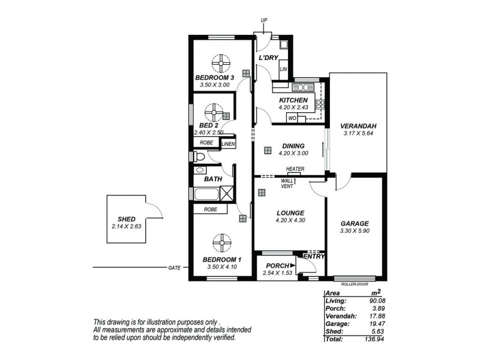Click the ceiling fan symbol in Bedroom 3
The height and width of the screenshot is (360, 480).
point(221,64)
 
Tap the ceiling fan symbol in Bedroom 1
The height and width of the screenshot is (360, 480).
point(221,243)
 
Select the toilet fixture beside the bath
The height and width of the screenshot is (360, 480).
point(199,157)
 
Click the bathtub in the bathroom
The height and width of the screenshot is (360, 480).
point(206,194)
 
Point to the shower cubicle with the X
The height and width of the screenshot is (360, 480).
point(227,193)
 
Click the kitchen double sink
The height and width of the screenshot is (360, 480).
point(303,88)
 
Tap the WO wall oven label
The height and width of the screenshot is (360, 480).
point(292,118)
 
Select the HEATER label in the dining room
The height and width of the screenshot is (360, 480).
point(295,169)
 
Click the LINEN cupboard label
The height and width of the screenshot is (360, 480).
point(229,143)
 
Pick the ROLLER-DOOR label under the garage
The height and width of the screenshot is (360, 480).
point(354,284)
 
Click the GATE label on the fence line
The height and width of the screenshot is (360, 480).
point(174,268)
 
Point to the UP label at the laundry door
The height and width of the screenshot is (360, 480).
point(264,20)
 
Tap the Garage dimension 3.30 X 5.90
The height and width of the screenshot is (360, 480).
point(355,231)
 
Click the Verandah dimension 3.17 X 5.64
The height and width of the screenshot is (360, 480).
point(358,133)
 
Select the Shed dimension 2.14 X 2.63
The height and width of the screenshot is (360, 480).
point(127,227)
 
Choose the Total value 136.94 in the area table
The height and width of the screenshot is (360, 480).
point(374,339)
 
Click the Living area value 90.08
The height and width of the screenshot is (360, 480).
point(377,301)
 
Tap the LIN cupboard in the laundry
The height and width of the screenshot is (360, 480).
point(283,69)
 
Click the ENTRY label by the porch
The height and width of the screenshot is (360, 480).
point(314,256)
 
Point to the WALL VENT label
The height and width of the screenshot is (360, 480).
point(287,184)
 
